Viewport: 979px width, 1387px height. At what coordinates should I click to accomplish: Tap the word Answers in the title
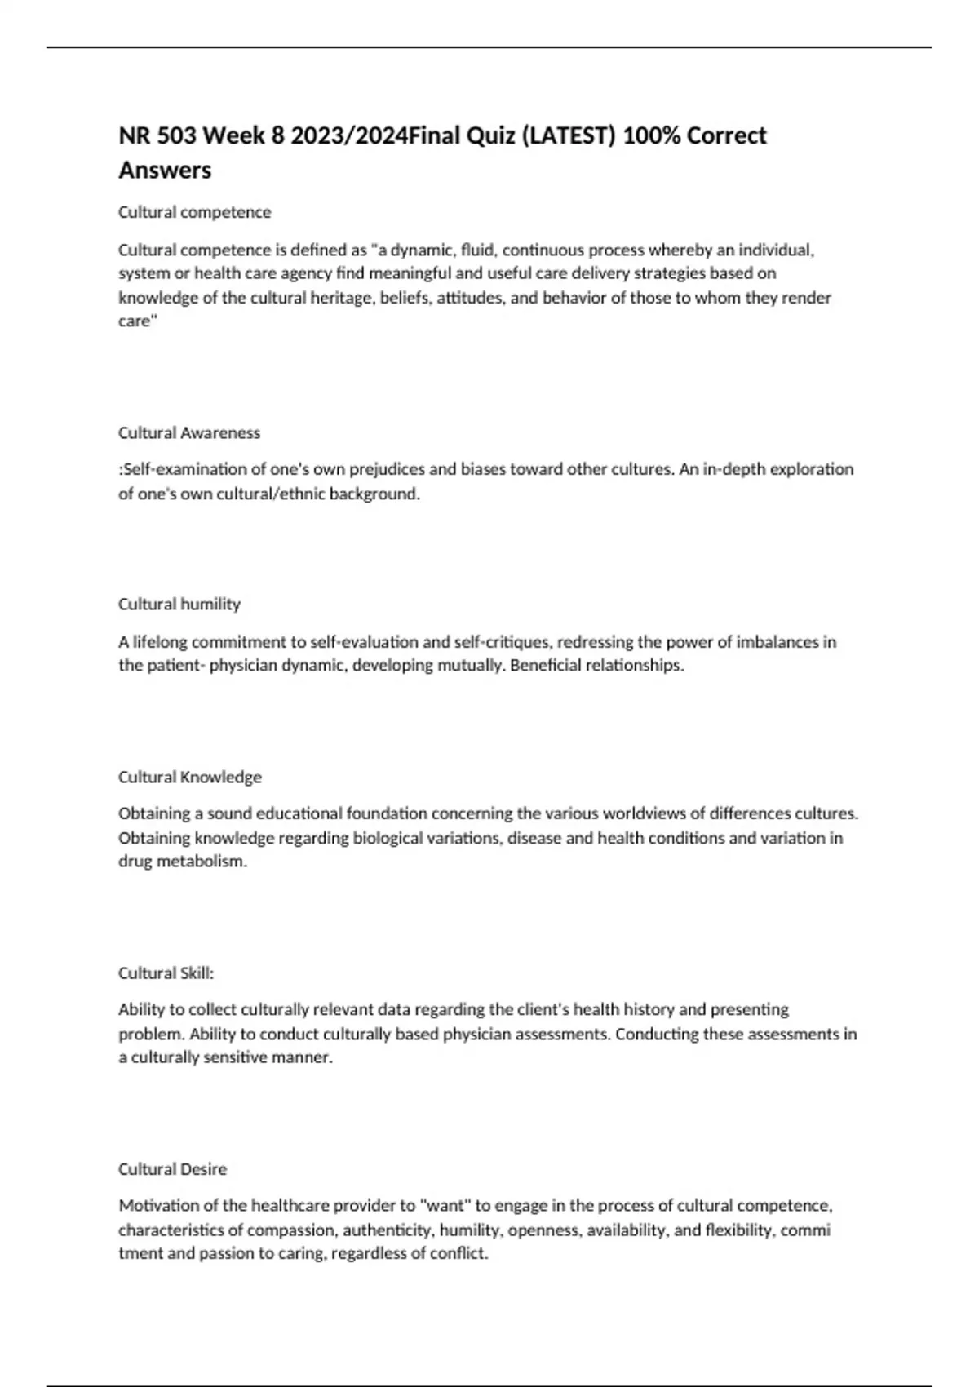coord(165,171)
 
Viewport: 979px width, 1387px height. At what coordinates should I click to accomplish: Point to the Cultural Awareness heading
coord(189,433)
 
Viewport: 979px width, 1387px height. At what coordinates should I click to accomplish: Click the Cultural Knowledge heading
coord(190,777)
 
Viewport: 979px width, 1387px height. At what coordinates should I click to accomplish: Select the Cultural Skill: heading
coord(166,973)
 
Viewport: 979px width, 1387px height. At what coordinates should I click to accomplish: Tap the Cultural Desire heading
coord(172,1169)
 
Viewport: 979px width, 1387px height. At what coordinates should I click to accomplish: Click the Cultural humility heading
coord(179,605)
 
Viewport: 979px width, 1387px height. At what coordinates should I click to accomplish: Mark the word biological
coord(392,838)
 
